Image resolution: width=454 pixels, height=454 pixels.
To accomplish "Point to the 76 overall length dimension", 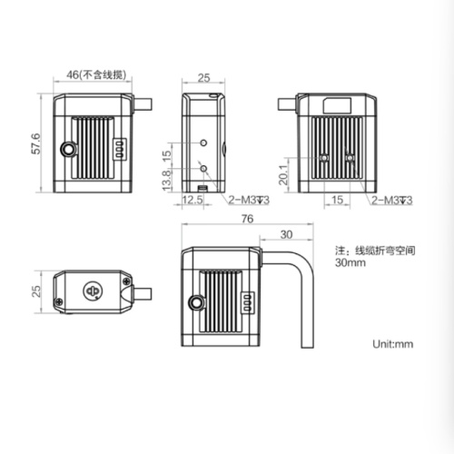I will click(246, 219).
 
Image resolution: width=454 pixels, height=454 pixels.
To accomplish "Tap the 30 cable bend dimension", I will click(287, 234).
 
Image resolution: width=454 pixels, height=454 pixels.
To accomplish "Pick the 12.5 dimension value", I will click(192, 199).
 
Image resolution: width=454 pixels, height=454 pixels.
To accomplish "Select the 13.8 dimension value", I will click(165, 183).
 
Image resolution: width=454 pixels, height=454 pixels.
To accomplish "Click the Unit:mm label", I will click(392, 344).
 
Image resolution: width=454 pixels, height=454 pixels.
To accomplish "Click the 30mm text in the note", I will click(350, 264).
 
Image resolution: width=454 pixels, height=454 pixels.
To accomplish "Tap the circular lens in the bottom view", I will click(91, 291).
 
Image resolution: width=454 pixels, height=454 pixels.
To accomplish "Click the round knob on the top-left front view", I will click(66, 149).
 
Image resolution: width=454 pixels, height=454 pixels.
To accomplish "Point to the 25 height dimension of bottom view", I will click(36, 291).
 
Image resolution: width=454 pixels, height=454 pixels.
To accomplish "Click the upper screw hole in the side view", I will click(203, 143).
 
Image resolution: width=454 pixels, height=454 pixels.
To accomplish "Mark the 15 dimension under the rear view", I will click(337, 199).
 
